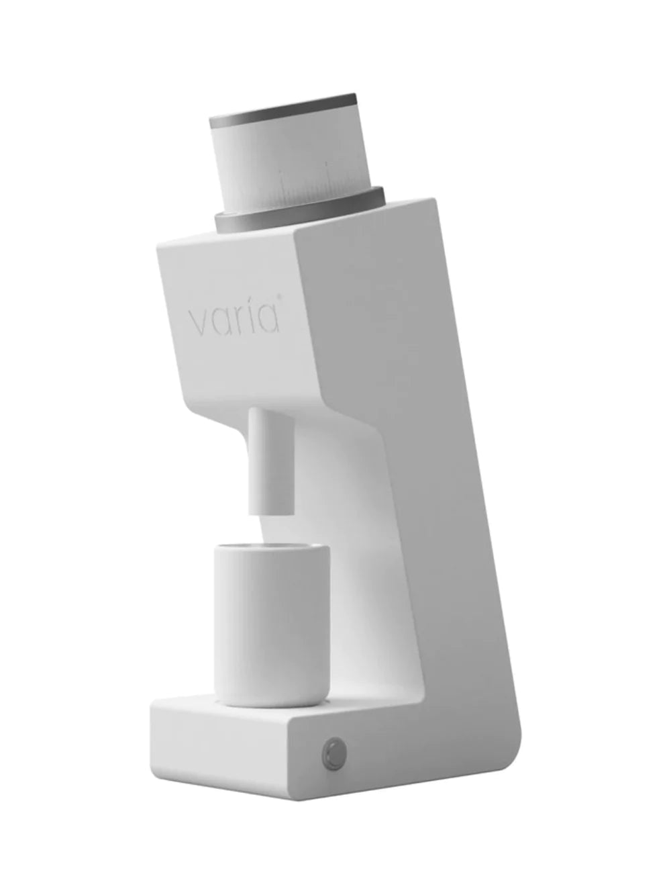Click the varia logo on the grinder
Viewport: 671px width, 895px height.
point(234,318)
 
